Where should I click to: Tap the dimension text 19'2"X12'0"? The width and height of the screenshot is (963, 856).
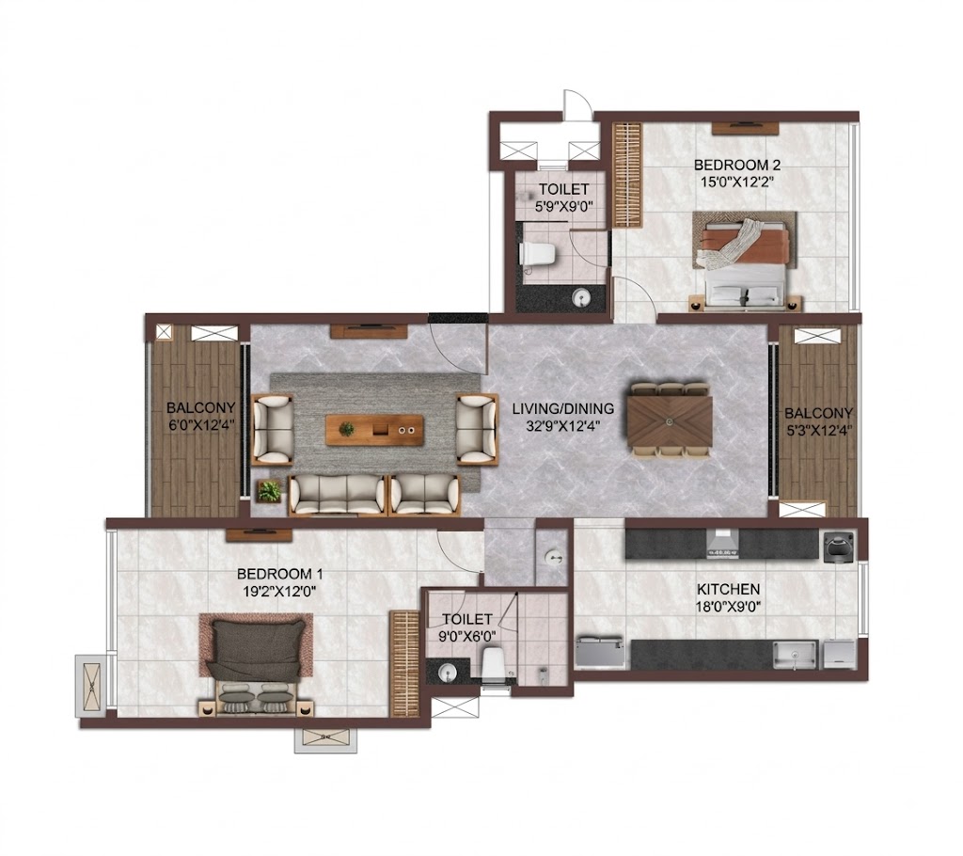coord(280,591)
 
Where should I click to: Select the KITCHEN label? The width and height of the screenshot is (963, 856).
coord(729,590)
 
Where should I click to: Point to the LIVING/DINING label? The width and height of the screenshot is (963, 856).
coord(563,408)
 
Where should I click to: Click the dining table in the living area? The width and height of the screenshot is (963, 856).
coord(670,420)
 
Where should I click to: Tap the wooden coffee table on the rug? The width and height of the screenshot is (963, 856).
coord(374,430)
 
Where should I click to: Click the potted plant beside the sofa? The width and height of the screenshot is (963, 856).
coord(270,492)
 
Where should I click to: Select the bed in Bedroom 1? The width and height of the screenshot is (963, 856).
coord(256,665)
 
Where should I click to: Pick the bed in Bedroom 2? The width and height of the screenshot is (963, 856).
coord(746,261)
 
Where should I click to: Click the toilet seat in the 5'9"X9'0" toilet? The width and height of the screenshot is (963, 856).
coord(538,254)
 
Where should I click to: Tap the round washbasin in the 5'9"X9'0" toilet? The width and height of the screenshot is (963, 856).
coord(581,298)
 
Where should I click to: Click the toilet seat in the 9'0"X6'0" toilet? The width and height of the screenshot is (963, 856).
coord(493,665)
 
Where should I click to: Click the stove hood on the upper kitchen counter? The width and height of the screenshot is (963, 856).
coord(722,545)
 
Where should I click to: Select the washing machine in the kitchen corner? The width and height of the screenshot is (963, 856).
coord(838,546)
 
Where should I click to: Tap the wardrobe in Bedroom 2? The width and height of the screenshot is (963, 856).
coord(627,175)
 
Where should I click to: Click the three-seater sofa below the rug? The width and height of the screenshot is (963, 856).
coord(338,495)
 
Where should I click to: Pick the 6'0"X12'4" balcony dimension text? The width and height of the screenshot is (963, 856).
coord(201,424)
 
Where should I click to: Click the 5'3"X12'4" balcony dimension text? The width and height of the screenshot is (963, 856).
coord(818,430)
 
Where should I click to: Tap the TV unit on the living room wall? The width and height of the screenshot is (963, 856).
coord(369,332)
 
